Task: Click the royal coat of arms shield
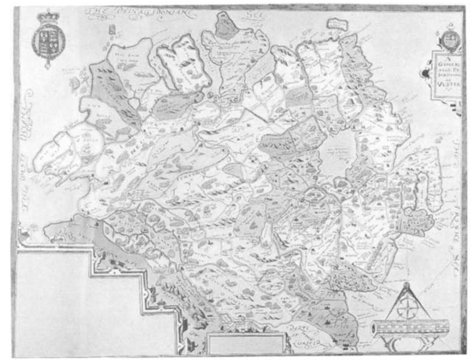48,40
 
